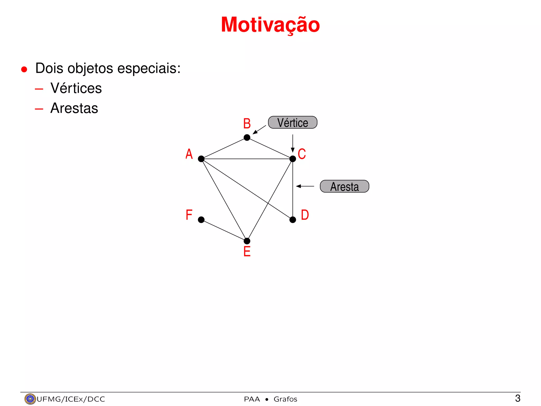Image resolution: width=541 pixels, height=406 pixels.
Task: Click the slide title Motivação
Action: pyautogui.click(x=270, y=25)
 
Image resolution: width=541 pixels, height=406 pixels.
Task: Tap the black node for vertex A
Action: pyautogui.click(x=201, y=159)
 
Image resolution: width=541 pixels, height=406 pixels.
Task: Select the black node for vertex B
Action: pyautogui.click(x=247, y=137)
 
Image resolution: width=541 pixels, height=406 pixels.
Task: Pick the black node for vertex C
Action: pyautogui.click(x=293, y=159)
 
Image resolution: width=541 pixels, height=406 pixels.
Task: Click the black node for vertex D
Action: pyautogui.click(x=293, y=220)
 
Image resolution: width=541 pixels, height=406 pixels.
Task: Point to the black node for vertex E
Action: pyautogui.click(x=247, y=241)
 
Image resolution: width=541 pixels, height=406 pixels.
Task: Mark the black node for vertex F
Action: pyautogui.click(x=201, y=220)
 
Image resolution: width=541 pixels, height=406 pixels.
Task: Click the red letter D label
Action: pyautogui.click(x=305, y=215)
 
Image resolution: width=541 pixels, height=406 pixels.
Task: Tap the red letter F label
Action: pyautogui.click(x=189, y=215)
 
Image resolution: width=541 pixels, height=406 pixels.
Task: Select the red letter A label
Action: pyautogui.click(x=189, y=154)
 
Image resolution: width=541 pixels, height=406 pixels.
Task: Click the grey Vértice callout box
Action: pyautogui.click(x=293, y=123)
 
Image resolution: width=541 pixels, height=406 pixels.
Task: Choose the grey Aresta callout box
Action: pyautogui.click(x=344, y=186)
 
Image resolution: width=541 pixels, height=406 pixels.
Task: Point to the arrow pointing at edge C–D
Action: pyautogui.click(x=305, y=186)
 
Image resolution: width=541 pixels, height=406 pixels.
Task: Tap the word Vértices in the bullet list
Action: pyautogui.click(x=76, y=88)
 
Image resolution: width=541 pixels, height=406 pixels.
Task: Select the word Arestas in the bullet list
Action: pyautogui.click(x=74, y=108)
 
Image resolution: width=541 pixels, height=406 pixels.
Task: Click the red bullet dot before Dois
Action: pyautogui.click(x=24, y=69)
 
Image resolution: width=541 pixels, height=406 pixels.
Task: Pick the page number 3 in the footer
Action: pyautogui.click(x=518, y=398)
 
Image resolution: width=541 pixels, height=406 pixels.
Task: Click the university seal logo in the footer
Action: pyautogui.click(x=30, y=399)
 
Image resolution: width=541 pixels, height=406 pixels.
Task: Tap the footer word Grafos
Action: pyautogui.click(x=285, y=399)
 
